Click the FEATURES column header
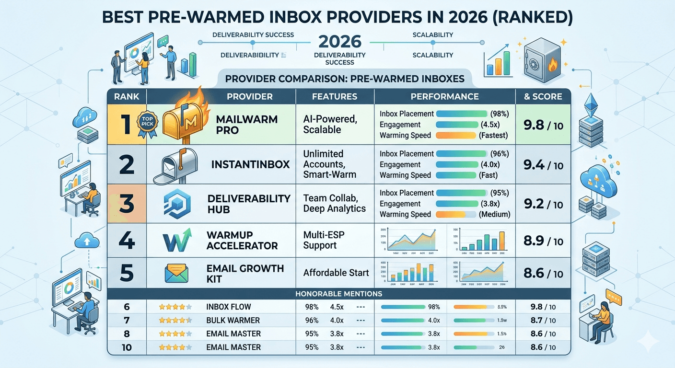[335, 96]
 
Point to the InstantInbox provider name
[250, 164]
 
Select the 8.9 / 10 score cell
[543, 241]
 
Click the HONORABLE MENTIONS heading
[339, 293]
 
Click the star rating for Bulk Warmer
[175, 320]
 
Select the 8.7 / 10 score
[543, 320]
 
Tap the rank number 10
[127, 347]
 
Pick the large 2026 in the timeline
[340, 41]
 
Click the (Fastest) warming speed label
[493, 136]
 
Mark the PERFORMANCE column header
[444, 96]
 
